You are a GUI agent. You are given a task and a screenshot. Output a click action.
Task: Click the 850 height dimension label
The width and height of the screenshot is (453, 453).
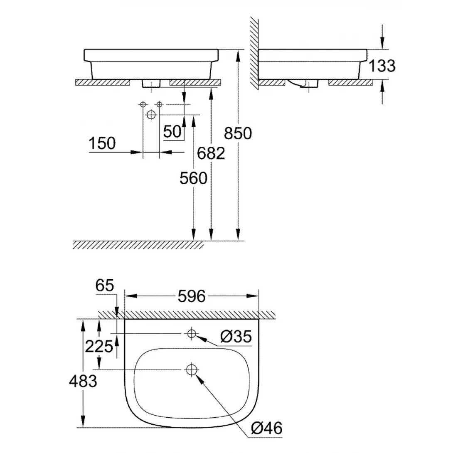pyautogui.click(x=238, y=133)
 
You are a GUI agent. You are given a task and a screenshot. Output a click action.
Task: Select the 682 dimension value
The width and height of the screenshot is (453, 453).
pyautogui.click(x=211, y=153)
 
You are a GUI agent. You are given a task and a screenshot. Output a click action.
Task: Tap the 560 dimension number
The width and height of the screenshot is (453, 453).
pyautogui.click(x=193, y=178)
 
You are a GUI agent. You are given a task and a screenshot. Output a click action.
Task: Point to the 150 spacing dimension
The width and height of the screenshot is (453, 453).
pyautogui.click(x=102, y=143)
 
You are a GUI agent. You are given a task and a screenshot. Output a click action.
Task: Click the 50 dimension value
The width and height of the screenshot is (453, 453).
pyautogui.click(x=172, y=132)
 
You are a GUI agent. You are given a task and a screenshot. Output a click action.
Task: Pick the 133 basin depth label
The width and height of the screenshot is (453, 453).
pyautogui.click(x=382, y=65)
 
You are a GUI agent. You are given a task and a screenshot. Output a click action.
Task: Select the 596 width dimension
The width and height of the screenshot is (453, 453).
pyautogui.click(x=192, y=296)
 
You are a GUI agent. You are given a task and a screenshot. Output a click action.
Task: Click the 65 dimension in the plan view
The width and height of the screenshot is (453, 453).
pyautogui.click(x=105, y=286)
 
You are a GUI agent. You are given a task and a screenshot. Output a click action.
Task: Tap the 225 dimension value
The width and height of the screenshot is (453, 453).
pyautogui.click(x=99, y=346)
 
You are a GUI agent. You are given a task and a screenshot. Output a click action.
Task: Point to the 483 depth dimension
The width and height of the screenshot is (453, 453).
pyautogui.click(x=83, y=381)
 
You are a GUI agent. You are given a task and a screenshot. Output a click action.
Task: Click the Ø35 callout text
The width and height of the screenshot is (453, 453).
pyautogui.click(x=236, y=337)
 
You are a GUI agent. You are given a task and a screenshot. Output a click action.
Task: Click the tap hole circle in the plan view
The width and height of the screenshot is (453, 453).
pyautogui.click(x=192, y=333)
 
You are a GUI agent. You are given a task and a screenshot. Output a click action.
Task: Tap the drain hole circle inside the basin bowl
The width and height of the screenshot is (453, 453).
pyautogui.click(x=192, y=369)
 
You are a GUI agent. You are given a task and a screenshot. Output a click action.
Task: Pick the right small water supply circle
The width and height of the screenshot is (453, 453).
pyautogui.click(x=159, y=104)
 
